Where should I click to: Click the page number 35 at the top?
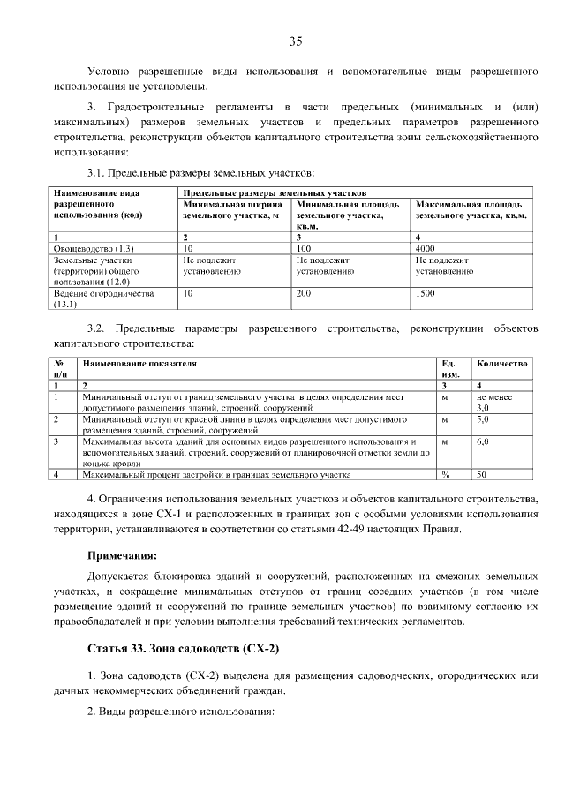pyautogui.click(x=295, y=41)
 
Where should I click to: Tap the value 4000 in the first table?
pyautogui.click(x=428, y=249)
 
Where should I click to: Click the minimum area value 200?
pyautogui.click(x=305, y=293)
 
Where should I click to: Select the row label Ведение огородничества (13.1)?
pyautogui.click(x=104, y=298)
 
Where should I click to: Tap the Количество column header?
pyautogui.click(x=501, y=363)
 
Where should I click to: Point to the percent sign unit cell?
pyautogui.click(x=446, y=475)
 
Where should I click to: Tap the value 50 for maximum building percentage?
pyautogui.click(x=482, y=475)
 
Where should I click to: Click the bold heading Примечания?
pyautogui.click(x=122, y=556)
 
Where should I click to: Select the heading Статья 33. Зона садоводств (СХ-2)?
pyautogui.click(x=184, y=650)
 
